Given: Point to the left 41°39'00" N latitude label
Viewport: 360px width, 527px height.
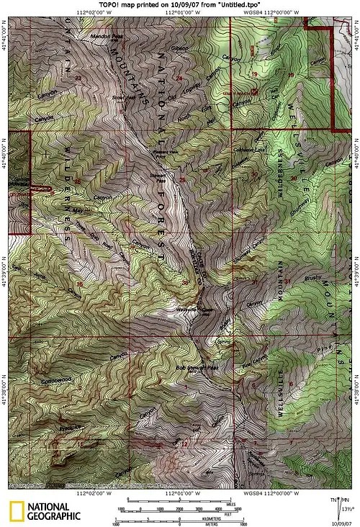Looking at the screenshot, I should (5, 256).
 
